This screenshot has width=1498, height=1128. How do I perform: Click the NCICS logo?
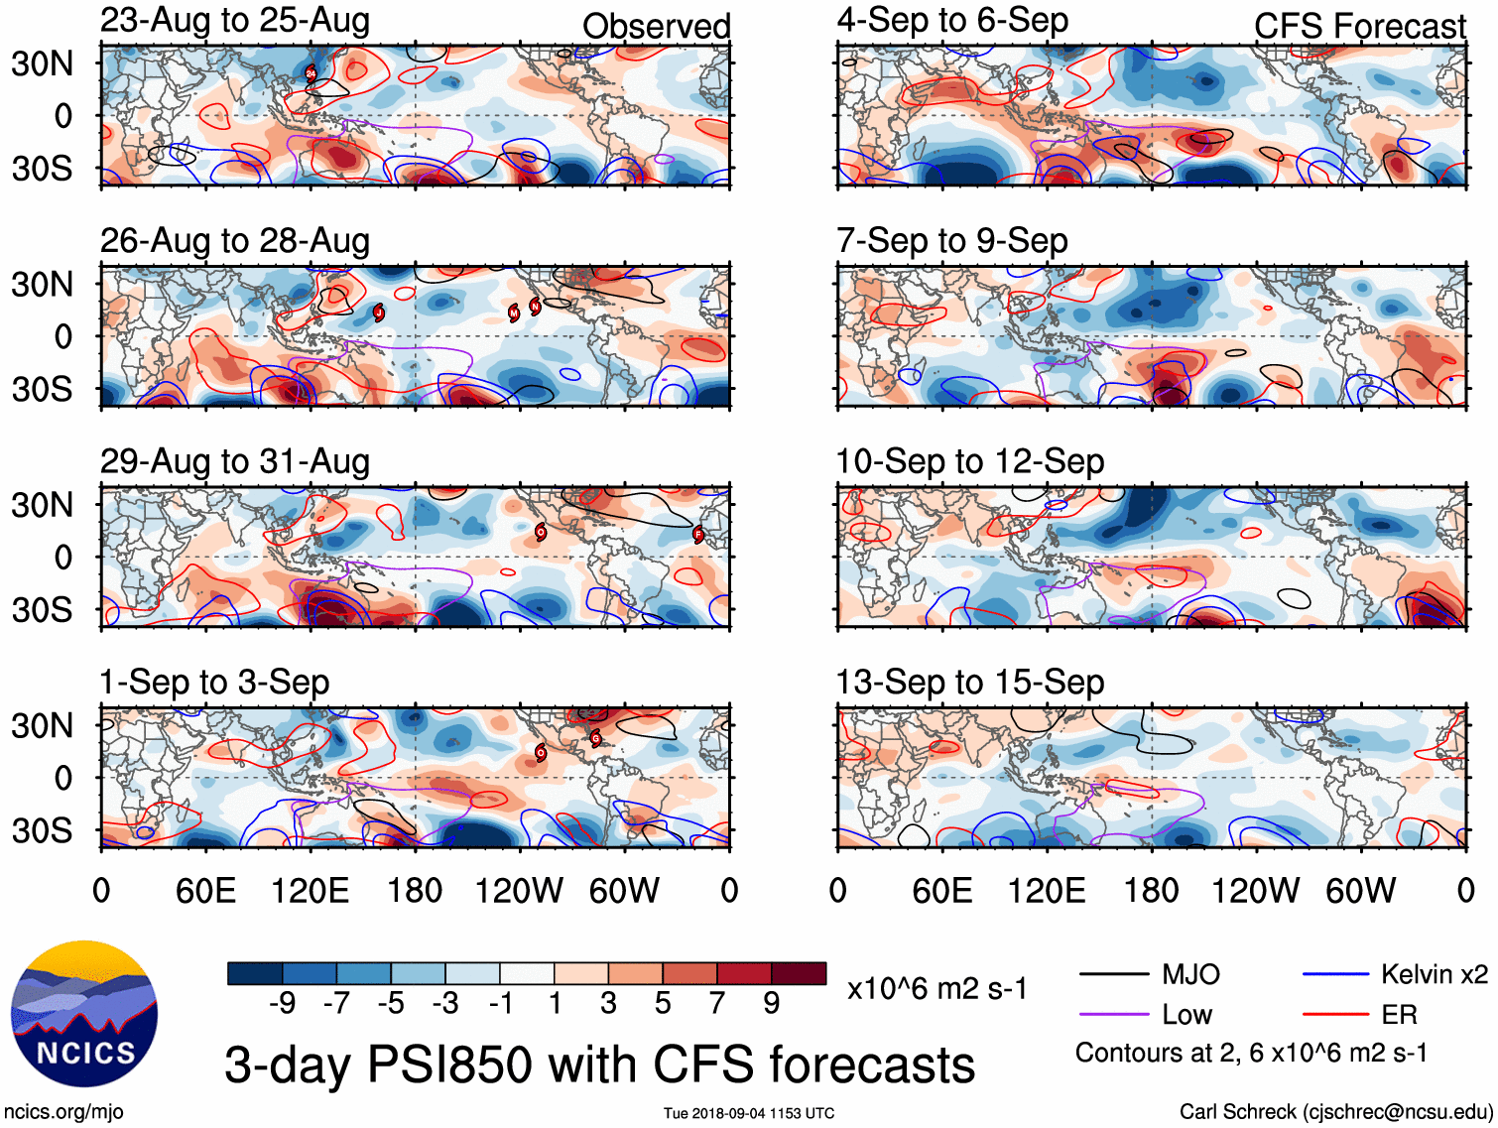click(84, 1013)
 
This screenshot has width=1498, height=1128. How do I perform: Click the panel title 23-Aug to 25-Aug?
click(235, 21)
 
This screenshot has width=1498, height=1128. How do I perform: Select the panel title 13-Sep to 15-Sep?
click(970, 683)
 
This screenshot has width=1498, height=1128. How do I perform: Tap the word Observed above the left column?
click(656, 27)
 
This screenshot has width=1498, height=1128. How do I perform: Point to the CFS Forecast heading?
click(1359, 27)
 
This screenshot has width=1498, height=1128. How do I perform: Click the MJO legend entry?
click(1190, 974)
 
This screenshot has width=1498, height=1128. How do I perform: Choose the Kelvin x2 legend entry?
click(1434, 974)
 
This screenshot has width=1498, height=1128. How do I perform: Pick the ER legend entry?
click(1399, 1015)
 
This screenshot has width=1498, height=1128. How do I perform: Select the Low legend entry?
click(1186, 1015)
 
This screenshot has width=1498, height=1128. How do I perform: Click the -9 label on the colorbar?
click(282, 1004)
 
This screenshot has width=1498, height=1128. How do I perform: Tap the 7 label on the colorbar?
click(717, 1004)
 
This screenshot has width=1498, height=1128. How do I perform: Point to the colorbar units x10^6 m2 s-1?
click(937, 988)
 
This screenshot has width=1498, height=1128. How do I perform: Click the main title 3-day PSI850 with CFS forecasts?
click(599, 1065)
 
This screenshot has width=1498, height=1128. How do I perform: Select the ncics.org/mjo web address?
click(63, 1112)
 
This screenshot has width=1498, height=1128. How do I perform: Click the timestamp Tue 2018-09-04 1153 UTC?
click(749, 1113)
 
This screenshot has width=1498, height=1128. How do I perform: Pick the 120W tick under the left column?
click(519, 891)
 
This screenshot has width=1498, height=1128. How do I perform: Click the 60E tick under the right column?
click(941, 891)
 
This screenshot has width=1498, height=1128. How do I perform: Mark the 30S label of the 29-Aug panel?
click(42, 609)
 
